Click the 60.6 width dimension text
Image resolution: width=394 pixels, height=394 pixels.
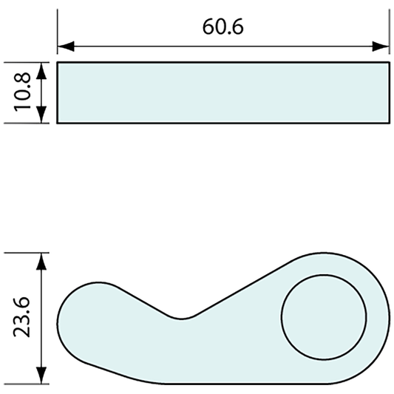click(223, 27)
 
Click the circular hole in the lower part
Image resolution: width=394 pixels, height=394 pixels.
click(324, 317)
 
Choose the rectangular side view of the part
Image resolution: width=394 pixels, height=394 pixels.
click(223, 92)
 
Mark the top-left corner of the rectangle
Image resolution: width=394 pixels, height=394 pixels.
click(58, 63)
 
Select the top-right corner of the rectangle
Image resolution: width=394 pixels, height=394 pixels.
click(389, 63)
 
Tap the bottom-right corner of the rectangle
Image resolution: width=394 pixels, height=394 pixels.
click(389, 123)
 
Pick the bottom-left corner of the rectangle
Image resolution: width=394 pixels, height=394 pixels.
click(58, 123)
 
